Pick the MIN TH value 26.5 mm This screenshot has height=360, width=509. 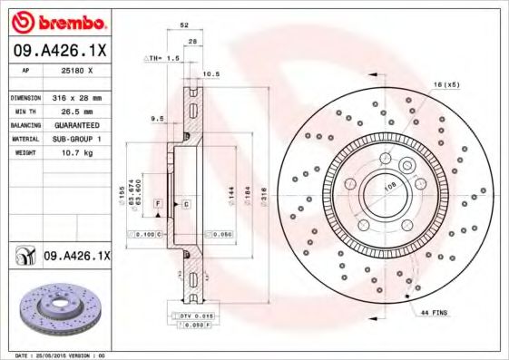pos(73,111)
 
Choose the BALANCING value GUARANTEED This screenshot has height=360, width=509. pos(75,124)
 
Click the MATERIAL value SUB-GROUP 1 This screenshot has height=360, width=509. pos(75,139)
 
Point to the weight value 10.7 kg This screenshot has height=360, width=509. pos(73,152)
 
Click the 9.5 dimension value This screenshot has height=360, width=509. pos(156,117)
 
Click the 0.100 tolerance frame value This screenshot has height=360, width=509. pos(146,234)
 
